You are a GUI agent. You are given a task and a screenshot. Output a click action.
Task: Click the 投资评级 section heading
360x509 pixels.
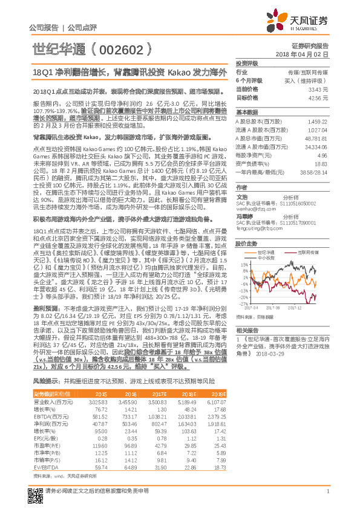pyautogui.click(x=247, y=63)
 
